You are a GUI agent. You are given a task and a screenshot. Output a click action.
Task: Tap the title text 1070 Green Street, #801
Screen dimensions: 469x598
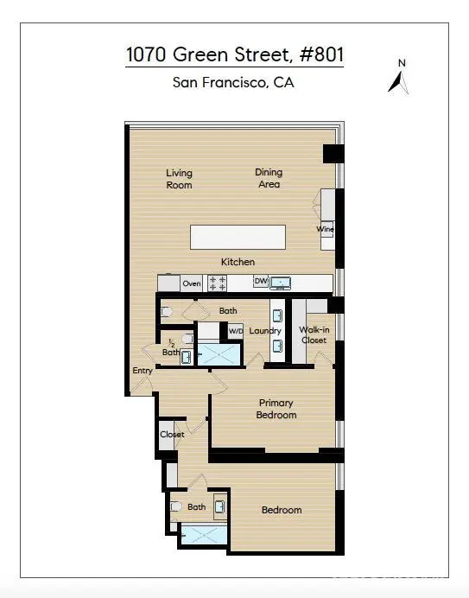pyautogui.click(x=235, y=54)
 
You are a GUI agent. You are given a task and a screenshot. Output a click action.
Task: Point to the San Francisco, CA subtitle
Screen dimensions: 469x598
pyautogui.click(x=233, y=82)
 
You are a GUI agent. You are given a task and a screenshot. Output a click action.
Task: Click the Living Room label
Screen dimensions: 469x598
pyautogui.click(x=179, y=179)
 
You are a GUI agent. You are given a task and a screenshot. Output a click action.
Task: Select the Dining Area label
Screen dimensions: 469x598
pyautogui.click(x=269, y=178)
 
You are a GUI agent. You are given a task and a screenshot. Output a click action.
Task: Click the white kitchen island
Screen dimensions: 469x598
pyautogui.click(x=238, y=238)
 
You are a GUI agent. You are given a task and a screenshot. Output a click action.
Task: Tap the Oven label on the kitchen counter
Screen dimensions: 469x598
pyautogui.click(x=192, y=283)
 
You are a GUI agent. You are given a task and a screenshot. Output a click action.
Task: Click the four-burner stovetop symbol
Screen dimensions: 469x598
pyautogui.click(x=217, y=283)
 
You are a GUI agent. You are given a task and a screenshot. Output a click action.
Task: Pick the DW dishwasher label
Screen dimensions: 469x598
pyautogui.click(x=261, y=281)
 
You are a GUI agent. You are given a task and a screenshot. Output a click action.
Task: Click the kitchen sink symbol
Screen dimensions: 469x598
pyautogui.click(x=280, y=283)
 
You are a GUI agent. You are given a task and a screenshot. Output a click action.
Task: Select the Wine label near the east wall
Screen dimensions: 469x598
pyautogui.click(x=326, y=229)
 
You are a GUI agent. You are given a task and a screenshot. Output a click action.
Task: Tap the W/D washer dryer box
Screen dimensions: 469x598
pyautogui.click(x=235, y=331)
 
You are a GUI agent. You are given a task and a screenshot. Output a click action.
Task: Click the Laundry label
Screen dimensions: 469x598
pyautogui.click(x=265, y=331)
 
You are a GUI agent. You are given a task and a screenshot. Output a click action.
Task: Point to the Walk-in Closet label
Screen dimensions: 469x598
pyautogui.click(x=314, y=334)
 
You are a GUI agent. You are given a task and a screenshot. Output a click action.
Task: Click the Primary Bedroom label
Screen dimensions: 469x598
pyautogui.click(x=276, y=409)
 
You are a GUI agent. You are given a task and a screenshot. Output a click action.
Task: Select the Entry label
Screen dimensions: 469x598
pyautogui.click(x=143, y=371)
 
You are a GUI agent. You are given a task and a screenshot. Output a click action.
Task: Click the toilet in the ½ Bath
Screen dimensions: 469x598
pyautogui.click(x=187, y=338)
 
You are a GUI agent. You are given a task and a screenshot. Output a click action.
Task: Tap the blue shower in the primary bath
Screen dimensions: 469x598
pyautogui.click(x=219, y=354)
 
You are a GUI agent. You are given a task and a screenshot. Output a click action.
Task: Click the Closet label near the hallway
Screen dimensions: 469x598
pyautogui.click(x=172, y=435)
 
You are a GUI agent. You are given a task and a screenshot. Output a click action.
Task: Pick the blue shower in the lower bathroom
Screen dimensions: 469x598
pyautogui.click(x=204, y=535)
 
